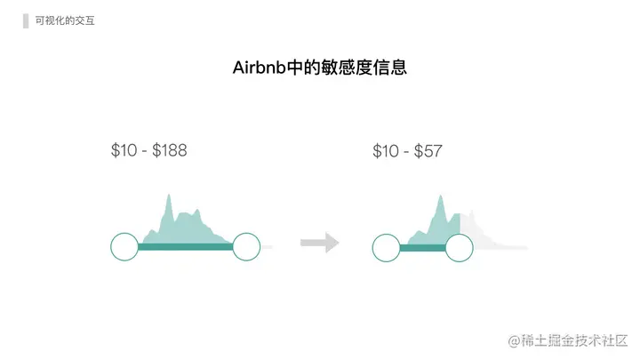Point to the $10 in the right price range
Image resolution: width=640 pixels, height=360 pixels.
coord(386,151)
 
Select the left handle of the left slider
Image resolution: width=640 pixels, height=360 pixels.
coord(124,247)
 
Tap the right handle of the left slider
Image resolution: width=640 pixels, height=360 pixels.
coord(245,247)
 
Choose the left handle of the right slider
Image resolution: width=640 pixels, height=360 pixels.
coord(386,247)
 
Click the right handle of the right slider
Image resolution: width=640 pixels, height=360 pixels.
coord(459,247)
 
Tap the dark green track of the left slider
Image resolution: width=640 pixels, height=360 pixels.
coord(185,247)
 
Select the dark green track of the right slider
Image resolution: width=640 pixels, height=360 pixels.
coord(422,247)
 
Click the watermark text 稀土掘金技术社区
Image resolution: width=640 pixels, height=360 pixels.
coord(574,341)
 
